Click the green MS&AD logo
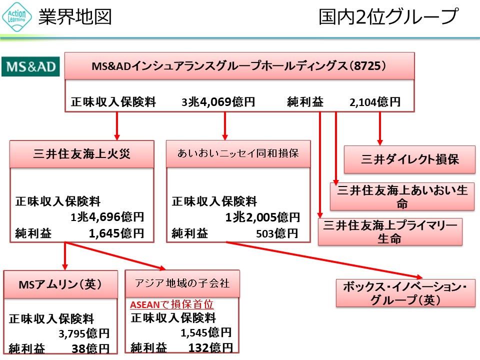[30, 66]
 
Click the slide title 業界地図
[75, 17]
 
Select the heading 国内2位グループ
[388, 17]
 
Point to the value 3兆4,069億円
[218, 102]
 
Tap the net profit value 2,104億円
[375, 102]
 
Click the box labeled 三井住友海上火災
[82, 153]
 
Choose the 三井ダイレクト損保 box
[409, 159]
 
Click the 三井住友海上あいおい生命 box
[402, 196]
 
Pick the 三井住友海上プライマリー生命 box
[390, 231]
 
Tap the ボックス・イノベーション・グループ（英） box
[405, 293]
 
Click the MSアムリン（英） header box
[60, 284]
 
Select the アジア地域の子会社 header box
[182, 283]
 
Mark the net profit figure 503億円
[277, 233]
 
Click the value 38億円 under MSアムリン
[90, 348]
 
